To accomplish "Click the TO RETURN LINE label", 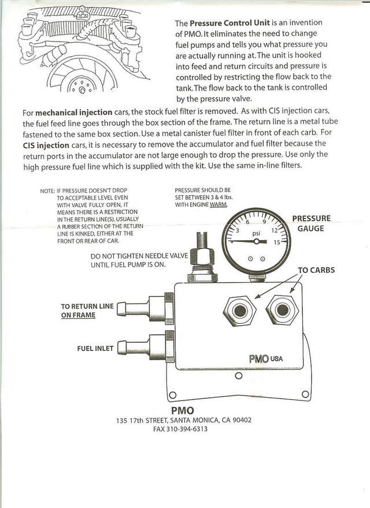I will (x=87, y=306).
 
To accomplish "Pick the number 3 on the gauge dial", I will (x=236, y=230).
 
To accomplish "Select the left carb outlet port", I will (x=238, y=311).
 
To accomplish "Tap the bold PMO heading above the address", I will (x=183, y=410).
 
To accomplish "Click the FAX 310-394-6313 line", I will (x=180, y=429).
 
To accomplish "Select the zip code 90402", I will (x=239, y=420).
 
